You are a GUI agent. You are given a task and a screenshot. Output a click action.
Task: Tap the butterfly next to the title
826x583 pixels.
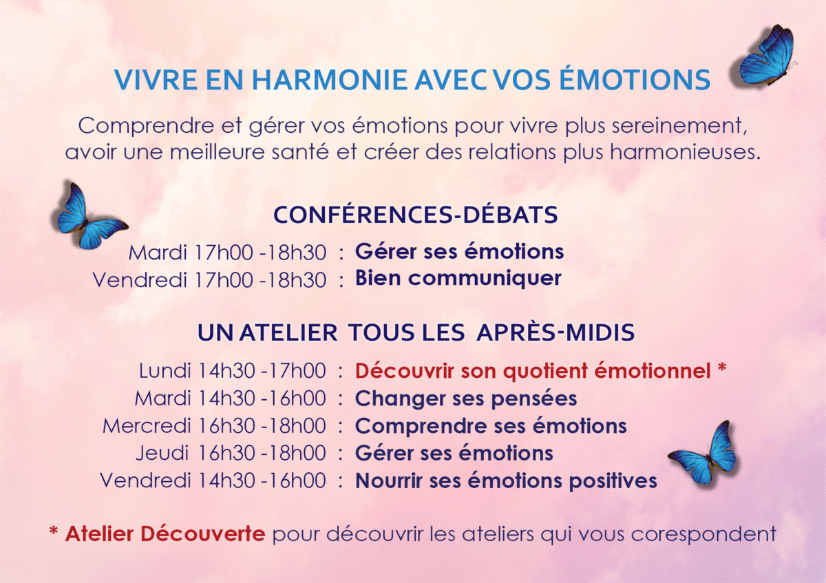766,56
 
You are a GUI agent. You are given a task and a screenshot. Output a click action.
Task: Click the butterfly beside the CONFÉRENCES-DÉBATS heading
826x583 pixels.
89,215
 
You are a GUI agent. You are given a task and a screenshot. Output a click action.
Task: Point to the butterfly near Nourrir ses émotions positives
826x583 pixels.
703,452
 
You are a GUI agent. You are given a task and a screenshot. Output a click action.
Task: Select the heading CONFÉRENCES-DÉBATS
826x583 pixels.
416,215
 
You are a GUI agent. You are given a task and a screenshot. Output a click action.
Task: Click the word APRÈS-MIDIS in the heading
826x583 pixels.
555,332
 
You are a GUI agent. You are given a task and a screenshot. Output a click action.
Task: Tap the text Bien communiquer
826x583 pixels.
458,278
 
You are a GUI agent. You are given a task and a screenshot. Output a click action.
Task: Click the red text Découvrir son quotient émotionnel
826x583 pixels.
533,370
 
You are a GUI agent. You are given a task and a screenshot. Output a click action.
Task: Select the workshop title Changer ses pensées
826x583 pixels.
466,399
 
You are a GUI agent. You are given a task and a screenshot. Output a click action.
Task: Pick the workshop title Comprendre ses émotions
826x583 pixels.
491,426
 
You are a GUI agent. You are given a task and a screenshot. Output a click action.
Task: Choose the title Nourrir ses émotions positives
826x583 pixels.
506,481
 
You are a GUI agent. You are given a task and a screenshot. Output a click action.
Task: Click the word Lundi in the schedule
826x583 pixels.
165,370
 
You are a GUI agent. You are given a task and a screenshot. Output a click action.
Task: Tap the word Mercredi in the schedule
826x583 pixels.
147,426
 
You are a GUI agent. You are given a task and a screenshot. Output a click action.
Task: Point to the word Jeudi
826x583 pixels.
162,453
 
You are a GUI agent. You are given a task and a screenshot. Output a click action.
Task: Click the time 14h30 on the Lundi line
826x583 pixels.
226,370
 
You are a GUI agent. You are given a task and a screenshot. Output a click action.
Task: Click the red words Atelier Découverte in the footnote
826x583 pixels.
165,533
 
